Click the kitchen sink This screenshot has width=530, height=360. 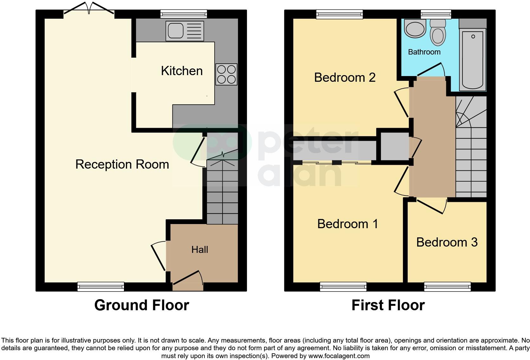point(184,31)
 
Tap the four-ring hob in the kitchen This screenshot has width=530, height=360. point(226,74)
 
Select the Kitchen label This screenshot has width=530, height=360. point(182,71)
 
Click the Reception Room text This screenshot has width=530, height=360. point(122,164)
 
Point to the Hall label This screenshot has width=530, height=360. point(200,250)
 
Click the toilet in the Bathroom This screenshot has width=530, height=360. point(438,32)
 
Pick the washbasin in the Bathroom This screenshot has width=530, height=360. point(415,28)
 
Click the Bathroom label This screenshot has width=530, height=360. point(424,52)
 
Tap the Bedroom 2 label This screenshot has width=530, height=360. point(345,78)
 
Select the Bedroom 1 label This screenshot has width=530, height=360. point(347,224)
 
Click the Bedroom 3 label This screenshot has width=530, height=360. point(447,242)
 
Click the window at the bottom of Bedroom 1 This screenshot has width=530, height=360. point(343,287)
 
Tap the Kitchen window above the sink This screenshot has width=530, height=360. point(184,14)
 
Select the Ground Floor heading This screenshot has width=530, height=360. point(141,305)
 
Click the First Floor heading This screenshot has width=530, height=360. point(388,305)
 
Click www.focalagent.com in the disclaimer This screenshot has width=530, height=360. point(339,356)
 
